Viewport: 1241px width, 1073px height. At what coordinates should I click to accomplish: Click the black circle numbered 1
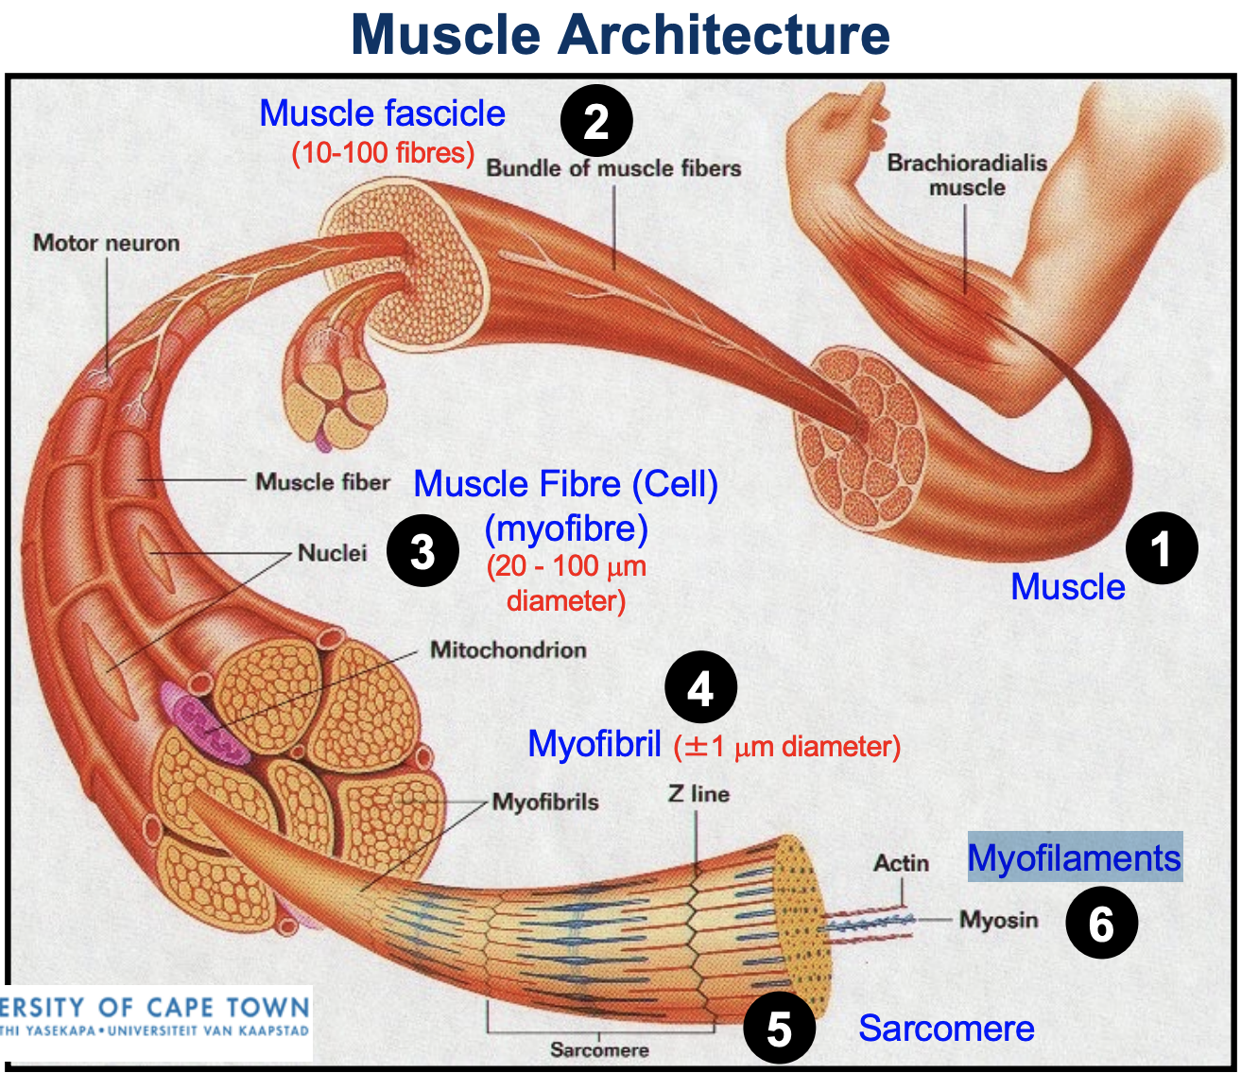point(1162,548)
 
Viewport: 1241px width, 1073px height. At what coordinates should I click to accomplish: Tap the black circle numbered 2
point(596,121)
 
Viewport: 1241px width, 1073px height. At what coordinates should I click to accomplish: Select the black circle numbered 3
point(422,550)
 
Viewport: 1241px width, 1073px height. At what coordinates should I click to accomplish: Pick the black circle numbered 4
point(700,689)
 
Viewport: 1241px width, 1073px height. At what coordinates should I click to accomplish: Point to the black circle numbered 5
point(779,1028)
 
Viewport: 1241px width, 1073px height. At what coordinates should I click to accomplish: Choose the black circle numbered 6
point(1101,923)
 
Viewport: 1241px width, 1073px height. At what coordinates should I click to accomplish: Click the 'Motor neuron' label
point(106,243)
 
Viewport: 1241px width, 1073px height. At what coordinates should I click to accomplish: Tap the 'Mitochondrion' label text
point(508,649)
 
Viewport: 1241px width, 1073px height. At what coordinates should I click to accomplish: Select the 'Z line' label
point(698,794)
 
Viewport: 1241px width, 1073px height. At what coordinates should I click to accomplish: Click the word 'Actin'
point(901,863)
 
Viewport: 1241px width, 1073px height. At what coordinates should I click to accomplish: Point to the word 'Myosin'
point(998,920)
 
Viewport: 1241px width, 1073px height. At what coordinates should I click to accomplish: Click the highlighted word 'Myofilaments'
point(1074,857)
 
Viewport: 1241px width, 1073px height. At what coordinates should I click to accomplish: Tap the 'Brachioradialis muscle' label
point(966,175)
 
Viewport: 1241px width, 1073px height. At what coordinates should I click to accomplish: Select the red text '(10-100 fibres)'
point(383,152)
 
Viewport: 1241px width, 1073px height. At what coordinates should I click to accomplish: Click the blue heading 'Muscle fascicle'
point(382,113)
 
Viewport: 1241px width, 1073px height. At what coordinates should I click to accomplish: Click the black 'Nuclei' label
point(332,553)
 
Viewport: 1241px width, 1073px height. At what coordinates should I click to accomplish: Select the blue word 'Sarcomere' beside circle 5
point(946,1028)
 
